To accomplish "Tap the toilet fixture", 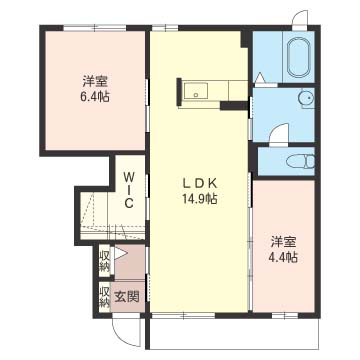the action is [x=301, y=161].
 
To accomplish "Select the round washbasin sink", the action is [x=306, y=98].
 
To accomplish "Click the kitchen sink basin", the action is [x=196, y=90].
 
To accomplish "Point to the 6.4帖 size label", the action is [x=96, y=97].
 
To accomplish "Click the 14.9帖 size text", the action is [x=200, y=199].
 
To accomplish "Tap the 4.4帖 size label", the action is [x=284, y=257].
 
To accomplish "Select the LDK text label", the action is [x=200, y=183].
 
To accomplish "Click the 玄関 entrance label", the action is [x=127, y=296].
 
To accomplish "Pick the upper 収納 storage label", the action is [x=104, y=262].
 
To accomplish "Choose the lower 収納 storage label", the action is [x=104, y=297].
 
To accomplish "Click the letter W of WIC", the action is [x=129, y=175].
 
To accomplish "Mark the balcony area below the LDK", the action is [x=234, y=334].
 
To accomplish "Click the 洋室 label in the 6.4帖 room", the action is [x=96, y=81].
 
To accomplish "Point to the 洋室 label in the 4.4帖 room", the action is [x=284, y=242].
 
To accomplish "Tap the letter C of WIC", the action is [x=129, y=203].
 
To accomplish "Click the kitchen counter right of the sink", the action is [x=218, y=90].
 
